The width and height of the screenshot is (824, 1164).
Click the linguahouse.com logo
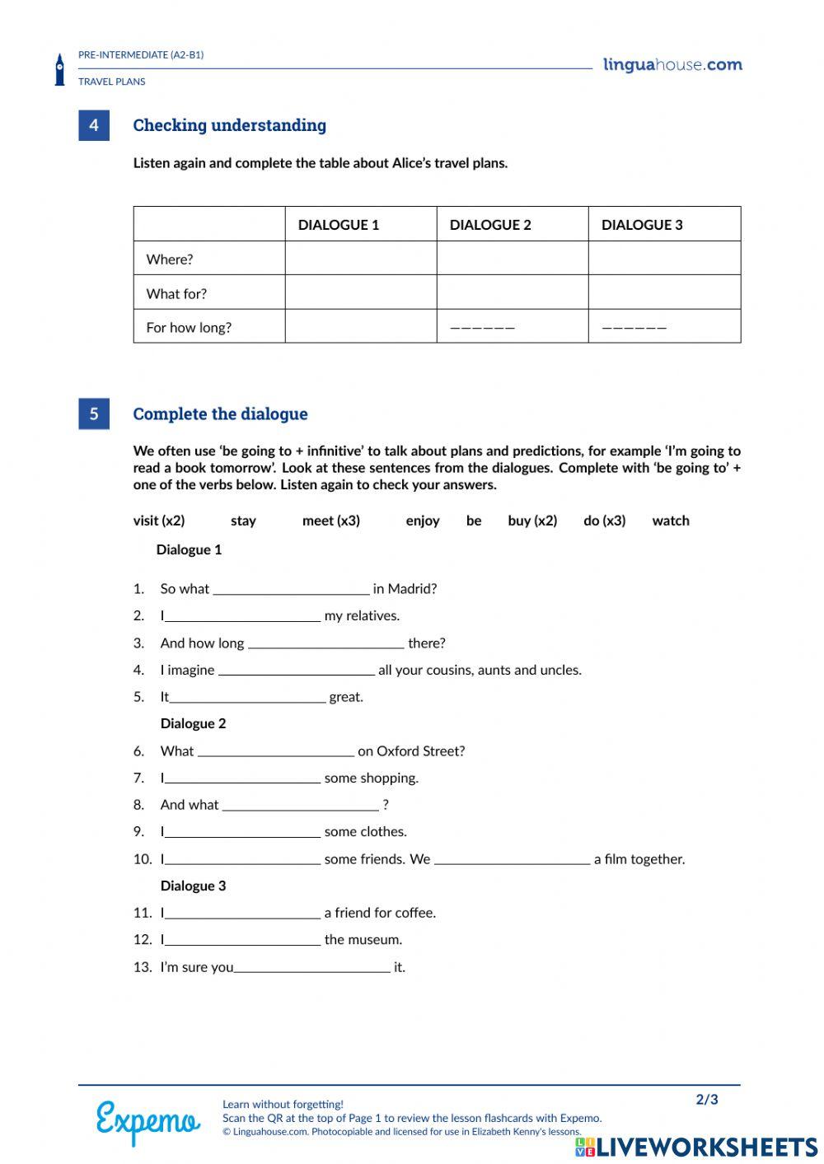pyautogui.click(x=672, y=65)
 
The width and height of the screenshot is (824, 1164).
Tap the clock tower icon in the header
pyautogui.click(x=59, y=70)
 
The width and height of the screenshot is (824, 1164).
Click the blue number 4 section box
pyautogui.click(x=94, y=125)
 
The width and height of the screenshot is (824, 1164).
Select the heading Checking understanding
pyautogui.click(x=229, y=125)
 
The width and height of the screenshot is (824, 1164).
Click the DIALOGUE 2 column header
pyautogui.click(x=490, y=225)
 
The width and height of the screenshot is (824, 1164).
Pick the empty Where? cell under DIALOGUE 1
pyautogui.click(x=360, y=259)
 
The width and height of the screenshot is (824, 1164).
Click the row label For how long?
pyautogui.click(x=189, y=327)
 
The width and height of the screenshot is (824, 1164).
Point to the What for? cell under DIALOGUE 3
pyautogui.click(x=664, y=292)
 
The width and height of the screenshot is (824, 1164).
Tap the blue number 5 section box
pyautogui.click(x=94, y=414)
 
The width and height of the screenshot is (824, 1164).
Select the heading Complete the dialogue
pyautogui.click(x=220, y=414)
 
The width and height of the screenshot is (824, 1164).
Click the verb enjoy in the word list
pyautogui.click(x=422, y=521)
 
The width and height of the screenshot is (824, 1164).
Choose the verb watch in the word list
pyautogui.click(x=670, y=521)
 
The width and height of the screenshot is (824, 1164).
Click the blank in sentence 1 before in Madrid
pyautogui.click(x=291, y=589)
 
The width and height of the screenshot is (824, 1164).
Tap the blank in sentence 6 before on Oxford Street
pyautogui.click(x=276, y=751)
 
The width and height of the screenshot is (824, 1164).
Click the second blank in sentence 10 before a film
pyautogui.click(x=512, y=859)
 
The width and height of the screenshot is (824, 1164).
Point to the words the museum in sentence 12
pyautogui.click(x=363, y=940)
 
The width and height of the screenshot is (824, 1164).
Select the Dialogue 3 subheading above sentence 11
pyautogui.click(x=193, y=886)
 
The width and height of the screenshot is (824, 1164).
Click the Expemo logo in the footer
pyautogui.click(x=147, y=1120)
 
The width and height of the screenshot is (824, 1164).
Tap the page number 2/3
pyautogui.click(x=706, y=1100)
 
